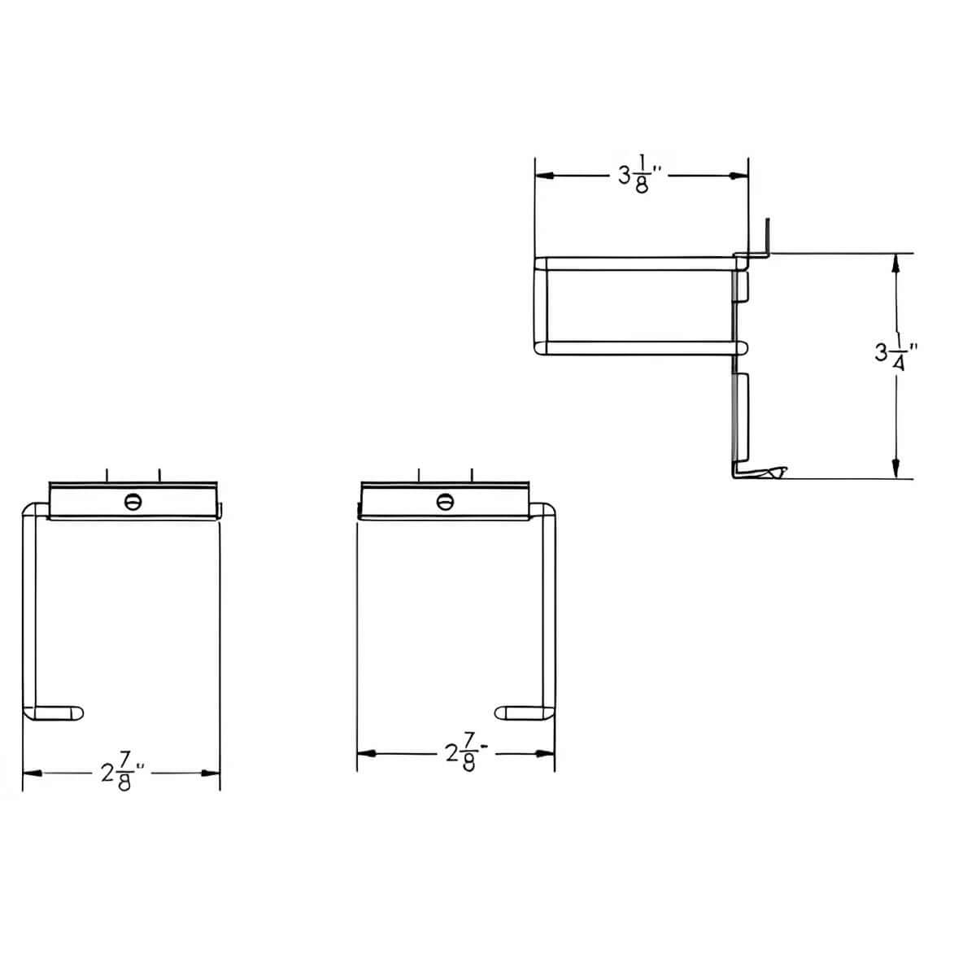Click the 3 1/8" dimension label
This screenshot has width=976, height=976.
click(x=637, y=176)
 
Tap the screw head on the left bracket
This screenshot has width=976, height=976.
click(x=133, y=502)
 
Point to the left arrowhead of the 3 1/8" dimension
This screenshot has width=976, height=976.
click(x=543, y=176)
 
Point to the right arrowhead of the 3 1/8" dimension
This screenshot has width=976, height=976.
click(x=739, y=176)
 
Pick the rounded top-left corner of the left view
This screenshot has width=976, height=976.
click(x=29, y=510)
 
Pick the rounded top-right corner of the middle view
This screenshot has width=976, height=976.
click(x=549, y=510)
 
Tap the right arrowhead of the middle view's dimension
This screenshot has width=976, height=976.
click(x=547, y=754)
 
